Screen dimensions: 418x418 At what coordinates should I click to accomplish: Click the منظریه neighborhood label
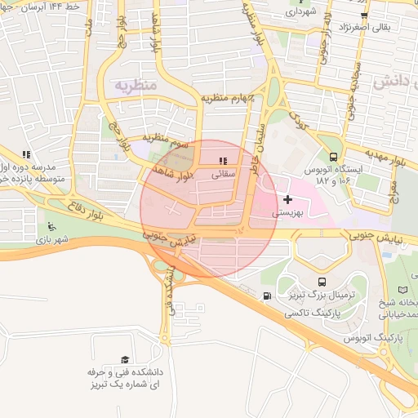click(136, 85)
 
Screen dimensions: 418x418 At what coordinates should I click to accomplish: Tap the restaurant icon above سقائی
click(224, 160)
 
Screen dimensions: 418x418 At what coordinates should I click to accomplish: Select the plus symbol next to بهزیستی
click(287, 198)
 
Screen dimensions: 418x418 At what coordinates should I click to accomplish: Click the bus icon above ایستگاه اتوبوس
click(333, 158)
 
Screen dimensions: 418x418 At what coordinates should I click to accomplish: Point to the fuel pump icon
click(268, 296)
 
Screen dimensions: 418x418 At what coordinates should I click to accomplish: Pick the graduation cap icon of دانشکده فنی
click(125, 359)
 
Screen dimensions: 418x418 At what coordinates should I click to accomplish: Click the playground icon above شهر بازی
click(52, 227)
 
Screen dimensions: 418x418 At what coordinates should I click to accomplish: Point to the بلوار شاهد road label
click(173, 172)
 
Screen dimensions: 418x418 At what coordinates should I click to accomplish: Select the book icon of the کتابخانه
click(402, 290)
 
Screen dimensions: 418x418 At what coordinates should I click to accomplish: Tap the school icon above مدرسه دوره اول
click(26, 153)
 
